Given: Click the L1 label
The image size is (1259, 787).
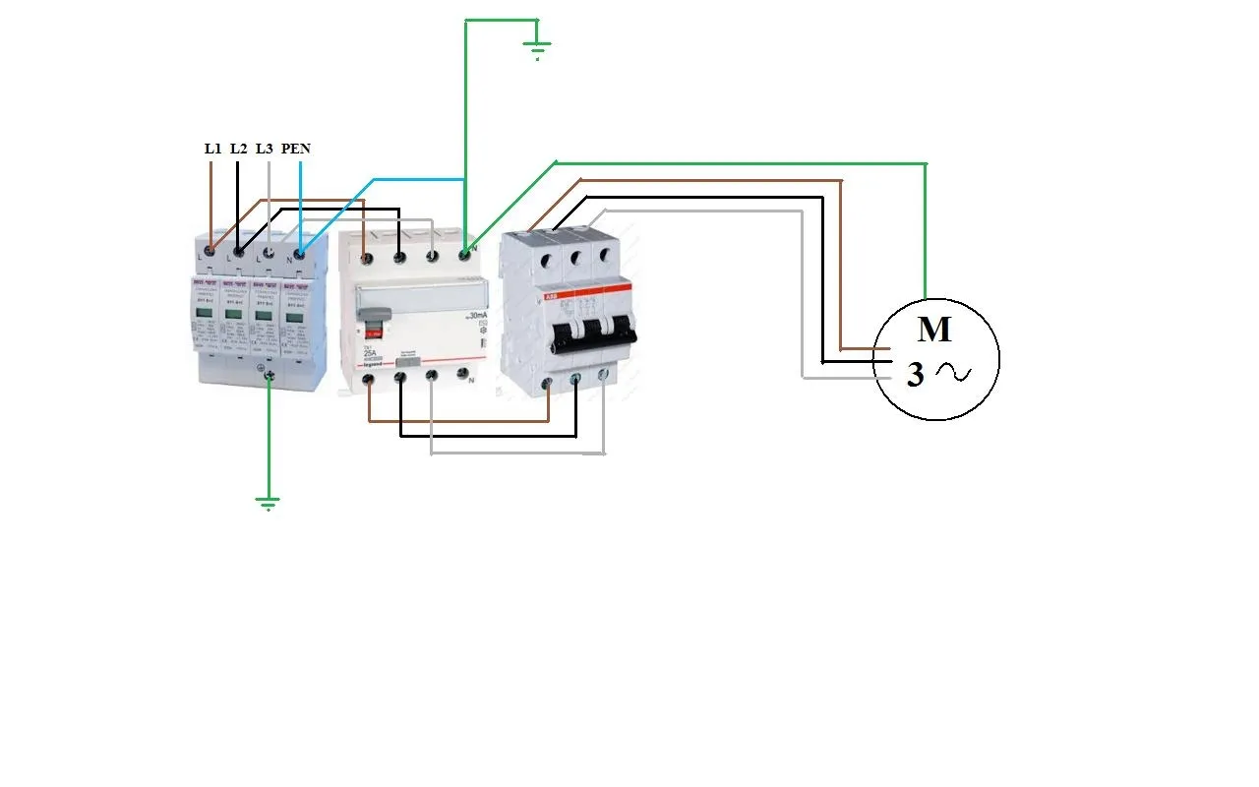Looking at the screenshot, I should point(212,149).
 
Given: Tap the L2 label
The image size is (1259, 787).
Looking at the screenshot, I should point(238,149).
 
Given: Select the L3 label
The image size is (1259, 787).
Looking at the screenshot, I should point(264,149).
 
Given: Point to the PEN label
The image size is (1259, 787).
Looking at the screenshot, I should point(296,149).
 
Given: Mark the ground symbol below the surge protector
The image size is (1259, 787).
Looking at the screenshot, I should point(268,504).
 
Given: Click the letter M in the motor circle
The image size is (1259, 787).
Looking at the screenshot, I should point(934,330).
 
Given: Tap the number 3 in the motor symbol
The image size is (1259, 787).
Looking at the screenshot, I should point(915,375).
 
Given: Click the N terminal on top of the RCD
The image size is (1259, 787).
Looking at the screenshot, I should point(465,256).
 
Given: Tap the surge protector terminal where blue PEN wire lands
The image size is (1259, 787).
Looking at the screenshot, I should point(300,254).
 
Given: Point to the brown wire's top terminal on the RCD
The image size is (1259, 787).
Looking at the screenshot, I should point(366,258).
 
